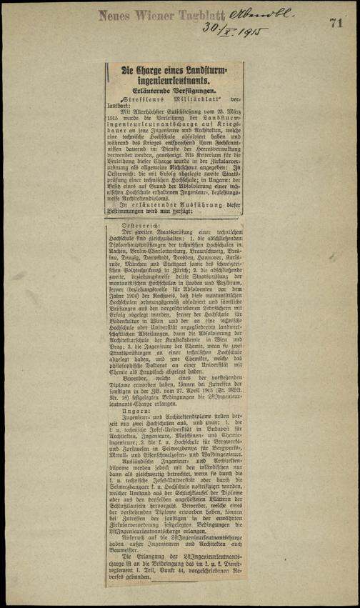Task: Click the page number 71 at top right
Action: pyautogui.click(x=336, y=22)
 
